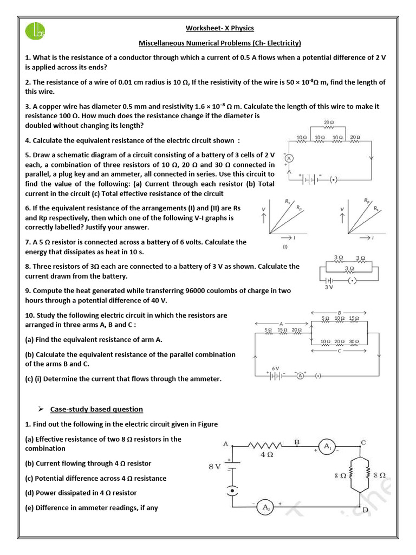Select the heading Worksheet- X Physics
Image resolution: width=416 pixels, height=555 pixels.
point(220,28)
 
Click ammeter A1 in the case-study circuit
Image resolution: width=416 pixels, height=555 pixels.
point(327,447)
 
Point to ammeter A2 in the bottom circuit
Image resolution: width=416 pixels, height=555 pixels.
point(266,507)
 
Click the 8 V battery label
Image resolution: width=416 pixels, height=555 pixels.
point(215,466)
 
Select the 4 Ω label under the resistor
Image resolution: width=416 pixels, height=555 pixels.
point(266,456)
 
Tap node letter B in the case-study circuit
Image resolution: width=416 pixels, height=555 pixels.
point(297,442)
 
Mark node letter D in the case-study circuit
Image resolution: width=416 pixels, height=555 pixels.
point(365,509)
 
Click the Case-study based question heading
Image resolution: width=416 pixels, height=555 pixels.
point(96,409)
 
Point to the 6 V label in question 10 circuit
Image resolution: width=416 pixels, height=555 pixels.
point(275,368)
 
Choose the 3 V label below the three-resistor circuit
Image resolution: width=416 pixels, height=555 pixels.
point(329,287)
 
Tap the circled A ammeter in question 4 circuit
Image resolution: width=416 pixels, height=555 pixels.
point(289,158)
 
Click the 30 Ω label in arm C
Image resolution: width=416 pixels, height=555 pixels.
point(353,341)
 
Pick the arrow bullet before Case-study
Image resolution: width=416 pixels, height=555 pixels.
point(40,409)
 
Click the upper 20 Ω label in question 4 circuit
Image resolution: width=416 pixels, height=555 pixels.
point(328,122)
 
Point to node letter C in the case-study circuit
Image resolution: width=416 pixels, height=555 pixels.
point(363,442)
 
